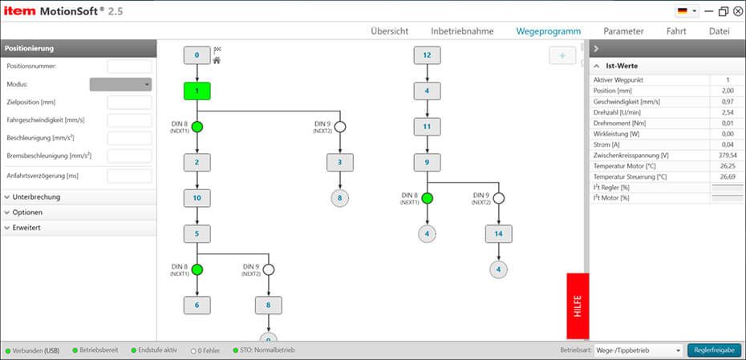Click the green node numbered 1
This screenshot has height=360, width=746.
click(197, 91)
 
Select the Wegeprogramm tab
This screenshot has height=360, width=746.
click(548, 31)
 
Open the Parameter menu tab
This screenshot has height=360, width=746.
click(623, 31)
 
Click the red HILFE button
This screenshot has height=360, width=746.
click(578, 307)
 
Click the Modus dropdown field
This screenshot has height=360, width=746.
click(120, 84)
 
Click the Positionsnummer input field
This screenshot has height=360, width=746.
click(129, 67)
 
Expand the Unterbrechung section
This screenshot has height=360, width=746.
click(37, 196)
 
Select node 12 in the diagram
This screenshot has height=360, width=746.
click(427, 55)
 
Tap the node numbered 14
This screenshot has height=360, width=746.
click(498, 233)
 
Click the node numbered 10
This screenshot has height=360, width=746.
click(197, 197)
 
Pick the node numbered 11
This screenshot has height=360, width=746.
click(427, 127)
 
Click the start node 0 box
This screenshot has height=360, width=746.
click(197, 55)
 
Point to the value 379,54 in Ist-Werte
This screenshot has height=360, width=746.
click(727, 155)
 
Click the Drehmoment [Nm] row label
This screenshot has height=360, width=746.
click(621, 123)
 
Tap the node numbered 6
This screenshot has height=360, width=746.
click(197, 305)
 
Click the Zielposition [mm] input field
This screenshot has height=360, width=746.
click(129, 102)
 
